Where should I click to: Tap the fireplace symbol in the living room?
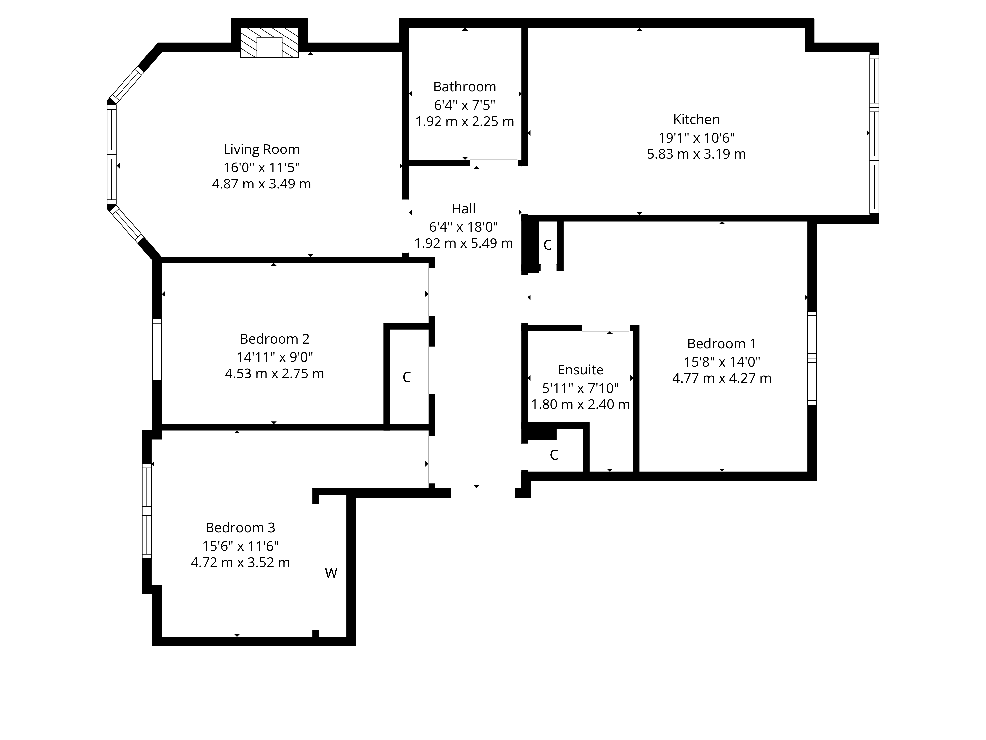[269, 43]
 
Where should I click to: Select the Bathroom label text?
[464, 87]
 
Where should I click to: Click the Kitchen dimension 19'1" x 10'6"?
[696, 138]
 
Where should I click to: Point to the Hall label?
[464, 209]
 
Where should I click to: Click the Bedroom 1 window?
[812, 358]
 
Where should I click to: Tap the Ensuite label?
[580, 370]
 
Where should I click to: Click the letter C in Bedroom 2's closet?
[406, 377]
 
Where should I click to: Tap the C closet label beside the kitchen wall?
[547, 245]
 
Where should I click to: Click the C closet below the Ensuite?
[554, 455]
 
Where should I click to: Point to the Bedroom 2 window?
[157, 349]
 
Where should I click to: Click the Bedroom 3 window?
[147, 511]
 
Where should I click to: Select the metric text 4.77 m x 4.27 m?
[722, 378]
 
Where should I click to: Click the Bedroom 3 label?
[240, 528]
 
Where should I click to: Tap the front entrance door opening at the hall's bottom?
[483, 493]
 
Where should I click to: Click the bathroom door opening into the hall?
[494, 163]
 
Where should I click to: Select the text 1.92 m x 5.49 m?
[464, 243]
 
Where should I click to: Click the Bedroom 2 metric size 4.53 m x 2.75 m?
[274, 373]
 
